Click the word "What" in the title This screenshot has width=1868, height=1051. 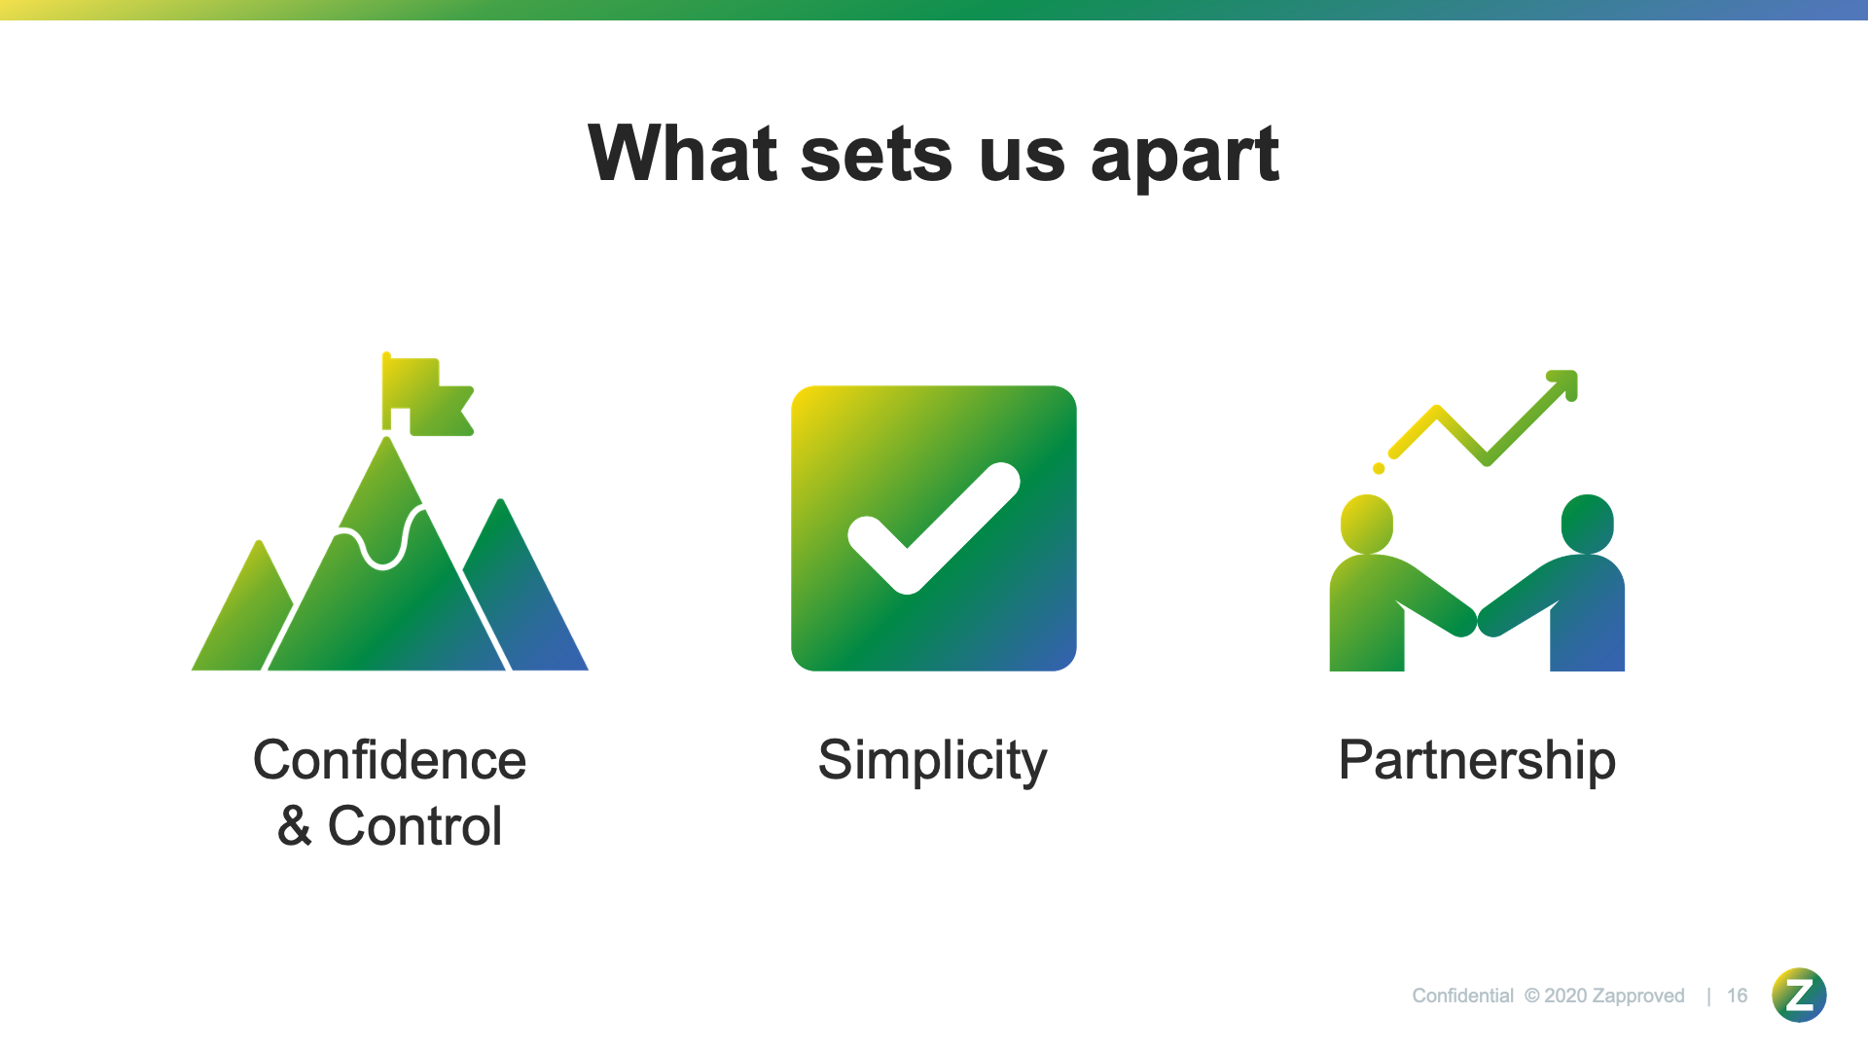683,153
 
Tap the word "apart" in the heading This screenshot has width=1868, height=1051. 1185,158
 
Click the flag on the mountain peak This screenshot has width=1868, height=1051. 427,393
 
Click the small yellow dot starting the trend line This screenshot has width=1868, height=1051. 1379,469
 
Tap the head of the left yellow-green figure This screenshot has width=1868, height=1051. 1367,524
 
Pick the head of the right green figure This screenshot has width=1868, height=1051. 1588,524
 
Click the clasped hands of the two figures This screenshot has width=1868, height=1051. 1477,619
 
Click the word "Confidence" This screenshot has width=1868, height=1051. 389,760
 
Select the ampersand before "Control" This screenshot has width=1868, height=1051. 294,826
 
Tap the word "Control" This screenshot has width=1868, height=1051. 414,826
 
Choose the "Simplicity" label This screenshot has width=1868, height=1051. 932,762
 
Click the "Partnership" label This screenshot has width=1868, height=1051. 1477,762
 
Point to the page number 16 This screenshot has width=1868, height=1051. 1737,996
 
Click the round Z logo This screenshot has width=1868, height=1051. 1799,995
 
